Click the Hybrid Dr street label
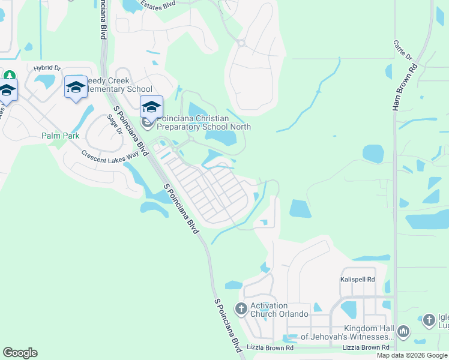(47, 68)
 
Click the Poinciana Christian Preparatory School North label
(203, 122)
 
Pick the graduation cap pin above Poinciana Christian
(152, 107)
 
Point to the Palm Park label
(61, 136)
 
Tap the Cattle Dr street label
(403, 50)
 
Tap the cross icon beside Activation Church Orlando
(241, 310)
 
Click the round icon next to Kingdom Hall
(403, 331)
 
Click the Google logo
(20, 353)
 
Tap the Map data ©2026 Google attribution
(411, 355)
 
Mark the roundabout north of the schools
(241, 43)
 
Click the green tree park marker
(9, 76)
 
